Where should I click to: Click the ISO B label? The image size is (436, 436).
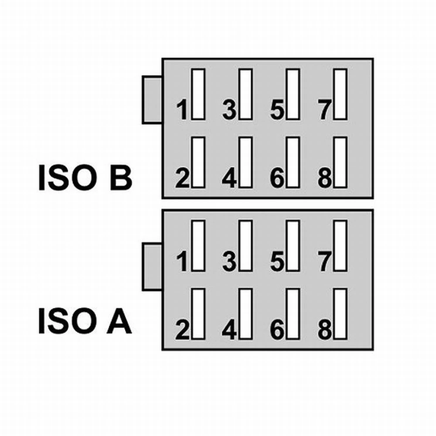click(x=85, y=177)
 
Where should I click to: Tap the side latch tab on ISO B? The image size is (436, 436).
click(x=152, y=100)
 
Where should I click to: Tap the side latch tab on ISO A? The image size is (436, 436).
click(x=152, y=267)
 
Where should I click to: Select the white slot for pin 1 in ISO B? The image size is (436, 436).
click(x=198, y=94)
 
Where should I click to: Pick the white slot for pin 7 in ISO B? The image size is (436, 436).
click(x=341, y=94)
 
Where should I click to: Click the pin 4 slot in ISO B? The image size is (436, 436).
click(x=245, y=162)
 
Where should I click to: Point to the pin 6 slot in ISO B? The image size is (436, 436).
click(x=293, y=162)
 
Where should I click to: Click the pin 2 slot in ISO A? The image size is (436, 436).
click(x=198, y=313)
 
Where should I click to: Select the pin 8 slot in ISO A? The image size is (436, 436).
click(x=341, y=313)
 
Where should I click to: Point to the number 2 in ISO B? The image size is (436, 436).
click(x=183, y=179)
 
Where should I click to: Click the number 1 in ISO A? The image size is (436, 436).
click(x=183, y=261)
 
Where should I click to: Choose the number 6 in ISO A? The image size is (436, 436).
click(x=277, y=330)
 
